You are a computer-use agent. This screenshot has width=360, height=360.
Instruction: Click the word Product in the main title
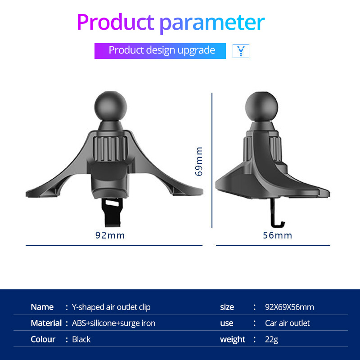click(x=115, y=22)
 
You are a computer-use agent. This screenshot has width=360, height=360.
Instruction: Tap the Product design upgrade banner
click(x=160, y=50)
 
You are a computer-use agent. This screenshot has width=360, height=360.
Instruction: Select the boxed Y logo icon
click(x=241, y=51)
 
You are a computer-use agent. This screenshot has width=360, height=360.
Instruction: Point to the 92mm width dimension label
click(x=110, y=235)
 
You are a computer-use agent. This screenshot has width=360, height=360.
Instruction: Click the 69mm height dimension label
click(x=199, y=161)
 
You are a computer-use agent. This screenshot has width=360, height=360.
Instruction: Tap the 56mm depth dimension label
click(x=278, y=235)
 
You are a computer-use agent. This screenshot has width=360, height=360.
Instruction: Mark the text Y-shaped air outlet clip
click(x=111, y=307)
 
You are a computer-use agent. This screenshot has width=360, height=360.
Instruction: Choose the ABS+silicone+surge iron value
click(x=114, y=323)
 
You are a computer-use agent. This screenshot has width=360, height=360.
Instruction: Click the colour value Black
click(x=81, y=339)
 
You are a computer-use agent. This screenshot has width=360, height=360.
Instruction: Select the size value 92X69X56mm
click(x=289, y=307)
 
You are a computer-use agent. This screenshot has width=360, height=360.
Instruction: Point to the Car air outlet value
click(x=288, y=323)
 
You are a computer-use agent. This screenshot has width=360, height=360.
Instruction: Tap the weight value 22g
click(x=272, y=339)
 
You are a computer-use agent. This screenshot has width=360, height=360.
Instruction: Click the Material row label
click(x=46, y=323)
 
